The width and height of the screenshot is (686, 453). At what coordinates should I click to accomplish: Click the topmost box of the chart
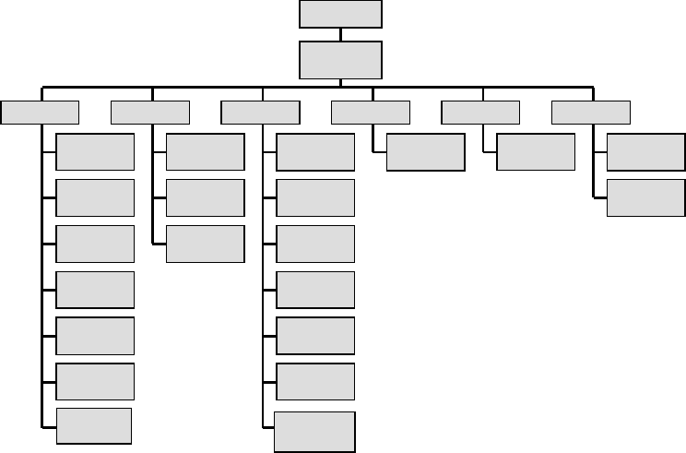pos(340,14)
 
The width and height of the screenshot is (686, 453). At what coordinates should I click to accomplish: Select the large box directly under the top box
pos(340,60)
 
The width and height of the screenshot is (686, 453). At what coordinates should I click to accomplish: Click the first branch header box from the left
pos(40,113)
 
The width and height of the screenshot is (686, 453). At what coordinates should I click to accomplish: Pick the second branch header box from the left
pos(150,113)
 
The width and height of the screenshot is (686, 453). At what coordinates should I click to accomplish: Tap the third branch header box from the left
pos(261,113)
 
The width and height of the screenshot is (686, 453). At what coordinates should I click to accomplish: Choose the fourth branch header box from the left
pos(371,113)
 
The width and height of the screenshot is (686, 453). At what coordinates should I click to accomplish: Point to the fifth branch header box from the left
pos(480,113)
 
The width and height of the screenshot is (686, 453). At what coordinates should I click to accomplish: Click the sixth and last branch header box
pos(591,113)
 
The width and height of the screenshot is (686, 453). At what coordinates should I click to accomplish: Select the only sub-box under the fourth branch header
pos(425,152)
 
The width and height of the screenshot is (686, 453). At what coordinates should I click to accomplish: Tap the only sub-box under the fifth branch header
pos(535,152)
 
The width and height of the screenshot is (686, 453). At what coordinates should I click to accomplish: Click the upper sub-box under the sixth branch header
pos(646,152)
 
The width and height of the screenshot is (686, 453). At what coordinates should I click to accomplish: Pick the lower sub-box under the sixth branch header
pos(646,197)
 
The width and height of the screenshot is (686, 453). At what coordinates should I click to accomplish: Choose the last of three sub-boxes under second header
pos(206,244)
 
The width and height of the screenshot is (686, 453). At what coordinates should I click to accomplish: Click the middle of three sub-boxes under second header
pos(206,197)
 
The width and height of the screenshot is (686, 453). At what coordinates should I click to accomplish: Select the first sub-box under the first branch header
pos(95,152)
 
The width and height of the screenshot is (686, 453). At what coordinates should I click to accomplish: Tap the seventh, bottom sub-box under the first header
pos(94,425)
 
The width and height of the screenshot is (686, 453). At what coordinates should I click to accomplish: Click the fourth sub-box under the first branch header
pos(95,289)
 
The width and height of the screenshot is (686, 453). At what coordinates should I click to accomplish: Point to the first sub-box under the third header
pos(315,152)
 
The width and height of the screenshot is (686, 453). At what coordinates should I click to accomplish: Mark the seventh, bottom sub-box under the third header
pos(315,432)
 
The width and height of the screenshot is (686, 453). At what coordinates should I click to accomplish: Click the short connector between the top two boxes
pos(340,34)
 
